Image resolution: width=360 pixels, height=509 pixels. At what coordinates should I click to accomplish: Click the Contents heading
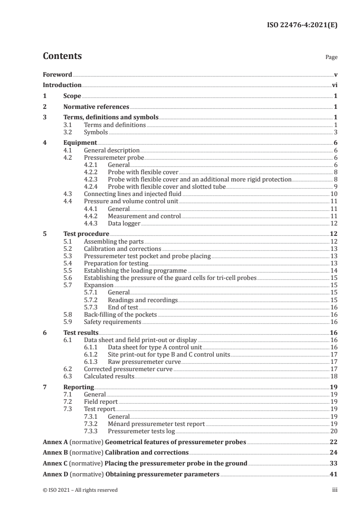(x=62, y=57)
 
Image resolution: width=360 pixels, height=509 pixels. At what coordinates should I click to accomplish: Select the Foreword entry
(x=57, y=74)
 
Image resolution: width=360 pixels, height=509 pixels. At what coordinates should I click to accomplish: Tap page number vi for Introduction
(x=334, y=85)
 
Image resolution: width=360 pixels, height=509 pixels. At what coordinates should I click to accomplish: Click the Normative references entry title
(x=96, y=107)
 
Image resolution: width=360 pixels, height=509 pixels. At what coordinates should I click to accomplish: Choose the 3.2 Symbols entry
(x=96, y=132)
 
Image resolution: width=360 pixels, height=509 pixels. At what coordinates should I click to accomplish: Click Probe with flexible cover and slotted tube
(x=167, y=186)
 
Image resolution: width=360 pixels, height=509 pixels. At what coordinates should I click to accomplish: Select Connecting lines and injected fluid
(x=133, y=193)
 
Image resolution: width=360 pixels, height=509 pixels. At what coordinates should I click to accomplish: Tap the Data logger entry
(x=124, y=223)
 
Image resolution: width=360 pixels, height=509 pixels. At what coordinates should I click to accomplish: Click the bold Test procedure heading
(x=86, y=234)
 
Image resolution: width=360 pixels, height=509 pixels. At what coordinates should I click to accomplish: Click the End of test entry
(x=123, y=307)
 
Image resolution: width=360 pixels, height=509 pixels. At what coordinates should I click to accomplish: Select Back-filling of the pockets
(x=120, y=314)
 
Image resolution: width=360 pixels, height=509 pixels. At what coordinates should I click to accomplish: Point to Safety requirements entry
(x=113, y=322)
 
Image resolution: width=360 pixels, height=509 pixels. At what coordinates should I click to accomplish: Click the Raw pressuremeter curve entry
(x=144, y=362)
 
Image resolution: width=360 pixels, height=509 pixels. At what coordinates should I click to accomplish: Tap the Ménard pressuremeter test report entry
(x=156, y=424)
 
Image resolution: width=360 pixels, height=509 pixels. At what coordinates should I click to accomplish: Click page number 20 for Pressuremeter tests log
(x=333, y=431)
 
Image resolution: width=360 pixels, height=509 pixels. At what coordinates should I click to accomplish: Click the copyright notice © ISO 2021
(x=80, y=490)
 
